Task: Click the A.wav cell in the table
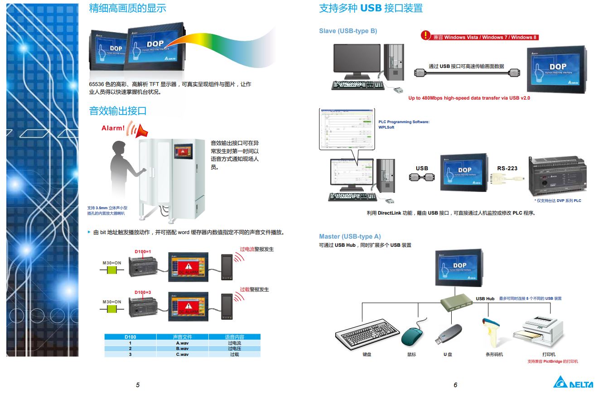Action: (x=182, y=343)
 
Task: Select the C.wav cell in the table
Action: (x=182, y=354)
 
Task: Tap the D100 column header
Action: (x=130, y=337)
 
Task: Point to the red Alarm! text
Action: (x=113, y=128)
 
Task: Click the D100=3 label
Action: (x=143, y=292)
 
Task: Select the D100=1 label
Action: (x=143, y=251)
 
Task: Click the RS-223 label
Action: (x=507, y=168)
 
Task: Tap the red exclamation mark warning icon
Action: (x=425, y=35)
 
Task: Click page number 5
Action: (x=138, y=385)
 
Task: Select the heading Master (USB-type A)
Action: (x=350, y=236)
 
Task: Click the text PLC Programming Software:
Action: (x=404, y=122)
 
